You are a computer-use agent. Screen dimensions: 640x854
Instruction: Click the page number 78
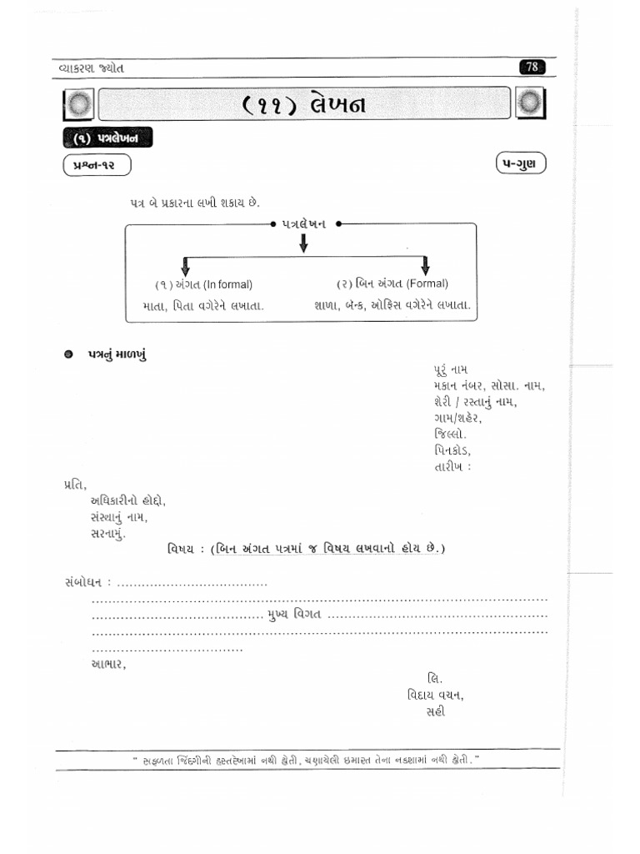click(x=531, y=68)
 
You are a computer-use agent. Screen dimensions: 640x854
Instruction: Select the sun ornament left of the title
click(x=79, y=105)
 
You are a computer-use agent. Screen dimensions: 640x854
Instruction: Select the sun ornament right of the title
click(x=530, y=104)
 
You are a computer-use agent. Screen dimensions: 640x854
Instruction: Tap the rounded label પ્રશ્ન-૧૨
click(x=97, y=165)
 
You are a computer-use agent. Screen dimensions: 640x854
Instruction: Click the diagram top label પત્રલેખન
click(x=304, y=224)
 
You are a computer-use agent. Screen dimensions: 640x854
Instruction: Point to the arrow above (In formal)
click(x=185, y=265)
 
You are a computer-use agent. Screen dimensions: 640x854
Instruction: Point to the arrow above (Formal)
click(x=425, y=265)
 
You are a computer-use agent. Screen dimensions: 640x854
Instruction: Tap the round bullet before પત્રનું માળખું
click(x=70, y=354)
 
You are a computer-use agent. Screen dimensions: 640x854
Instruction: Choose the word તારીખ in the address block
click(x=450, y=467)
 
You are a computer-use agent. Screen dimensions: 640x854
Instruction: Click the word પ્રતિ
click(x=74, y=484)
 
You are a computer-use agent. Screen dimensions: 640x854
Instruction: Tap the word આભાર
click(x=108, y=664)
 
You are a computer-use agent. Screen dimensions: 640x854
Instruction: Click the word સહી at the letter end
click(x=436, y=711)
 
